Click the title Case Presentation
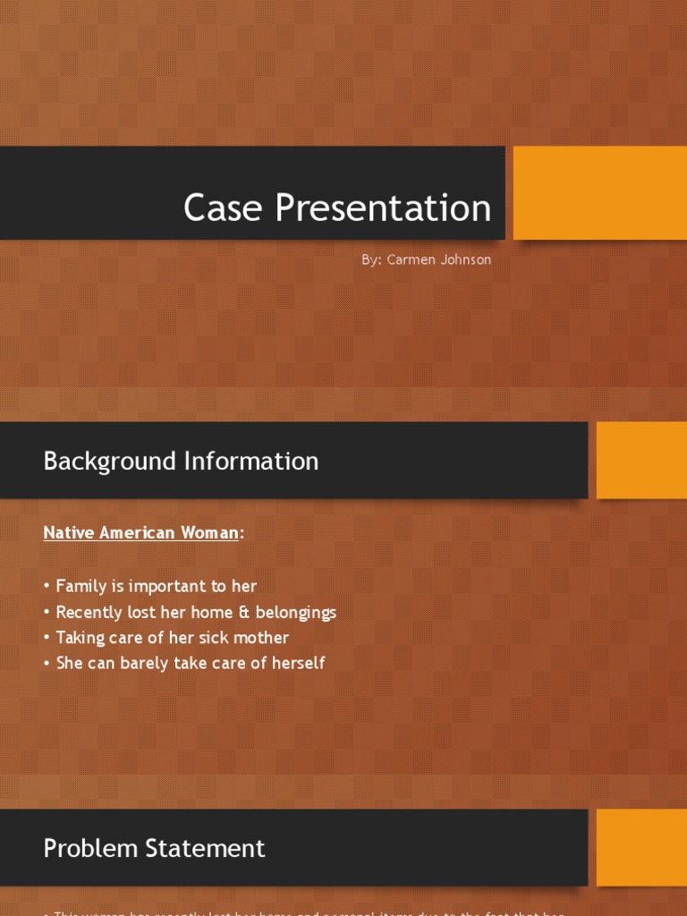pyautogui.click(x=337, y=208)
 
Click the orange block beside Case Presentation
pyautogui.click(x=599, y=193)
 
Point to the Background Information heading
pyautogui.click(x=181, y=462)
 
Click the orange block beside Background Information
pyautogui.click(x=641, y=460)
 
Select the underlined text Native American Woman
pyautogui.click(x=141, y=533)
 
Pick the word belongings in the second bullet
pyautogui.click(x=297, y=614)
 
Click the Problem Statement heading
pyautogui.click(x=154, y=849)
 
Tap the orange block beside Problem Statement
pyautogui.click(x=641, y=847)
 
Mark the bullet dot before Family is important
pyautogui.click(x=47, y=588)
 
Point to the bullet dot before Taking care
pyautogui.click(x=47, y=639)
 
